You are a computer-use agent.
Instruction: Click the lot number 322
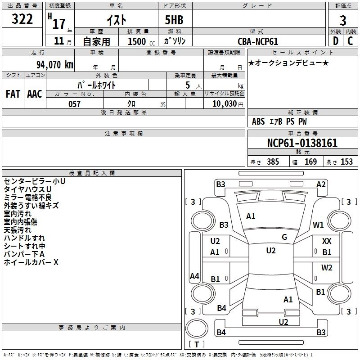(x=22, y=19)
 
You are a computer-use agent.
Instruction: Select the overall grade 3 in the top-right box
(x=343, y=21)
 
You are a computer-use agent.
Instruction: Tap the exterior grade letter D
(x=336, y=41)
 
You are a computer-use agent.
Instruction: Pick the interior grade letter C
(x=350, y=41)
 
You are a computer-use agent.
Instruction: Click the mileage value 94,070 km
(x=55, y=65)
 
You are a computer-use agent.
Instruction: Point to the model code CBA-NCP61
(x=258, y=41)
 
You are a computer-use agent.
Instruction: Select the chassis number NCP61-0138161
(x=302, y=143)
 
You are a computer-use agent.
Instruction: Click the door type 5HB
(x=174, y=20)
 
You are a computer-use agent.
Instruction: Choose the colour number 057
(x=74, y=104)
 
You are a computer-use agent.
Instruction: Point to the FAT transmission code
(x=13, y=94)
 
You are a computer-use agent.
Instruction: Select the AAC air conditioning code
(x=35, y=94)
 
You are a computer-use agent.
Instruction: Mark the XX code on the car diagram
(x=327, y=241)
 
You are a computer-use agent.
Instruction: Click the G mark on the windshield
(x=284, y=237)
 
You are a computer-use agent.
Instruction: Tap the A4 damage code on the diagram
(x=194, y=276)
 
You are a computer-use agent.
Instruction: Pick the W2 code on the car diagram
(x=327, y=267)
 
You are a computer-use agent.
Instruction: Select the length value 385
(x=273, y=162)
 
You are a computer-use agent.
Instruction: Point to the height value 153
(x=346, y=162)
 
